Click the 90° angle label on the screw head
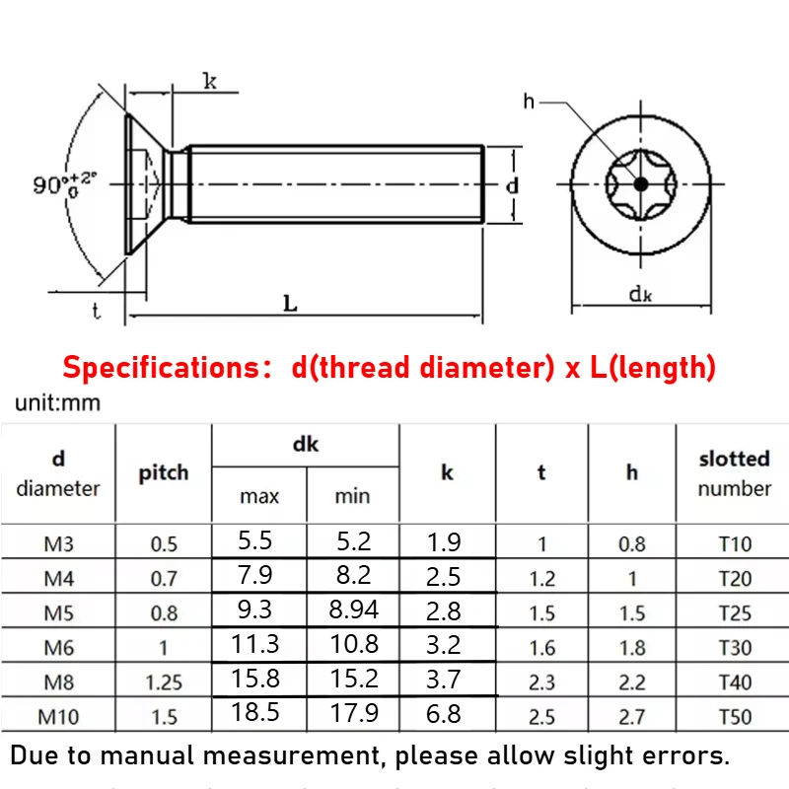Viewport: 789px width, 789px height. pyautogui.click(x=63, y=184)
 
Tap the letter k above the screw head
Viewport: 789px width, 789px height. pyautogui.click(x=210, y=81)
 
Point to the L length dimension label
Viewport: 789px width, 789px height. pyautogui.click(x=290, y=303)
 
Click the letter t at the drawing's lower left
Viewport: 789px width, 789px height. pyautogui.click(x=96, y=311)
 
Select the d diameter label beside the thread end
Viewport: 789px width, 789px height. pyautogui.click(x=512, y=185)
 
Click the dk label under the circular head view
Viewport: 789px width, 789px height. pyautogui.click(x=640, y=294)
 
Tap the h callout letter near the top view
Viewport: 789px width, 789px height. pyautogui.click(x=529, y=102)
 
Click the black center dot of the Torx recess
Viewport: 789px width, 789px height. pyautogui.click(x=640, y=184)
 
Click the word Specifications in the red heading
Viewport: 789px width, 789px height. pyautogui.click(x=162, y=368)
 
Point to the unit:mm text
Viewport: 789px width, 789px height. pyautogui.click(x=58, y=403)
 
